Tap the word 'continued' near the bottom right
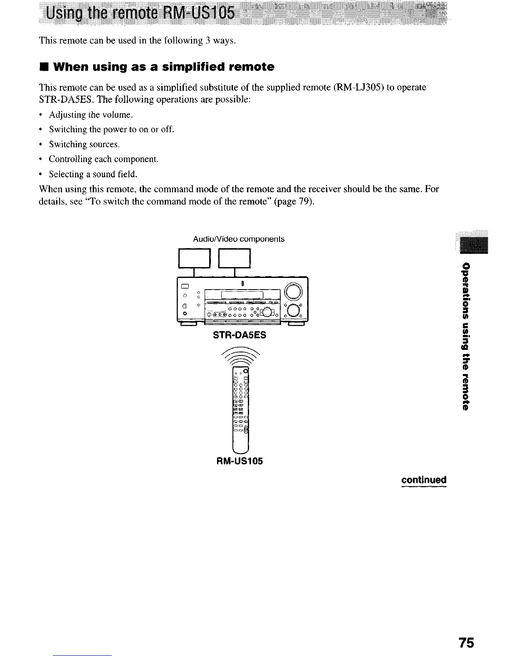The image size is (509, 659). (424, 479)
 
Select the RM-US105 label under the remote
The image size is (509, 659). (240, 461)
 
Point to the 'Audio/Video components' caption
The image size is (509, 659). (239, 239)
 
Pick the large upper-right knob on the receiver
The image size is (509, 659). (294, 290)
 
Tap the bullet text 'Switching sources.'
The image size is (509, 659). (84, 144)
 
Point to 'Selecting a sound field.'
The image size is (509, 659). (93, 174)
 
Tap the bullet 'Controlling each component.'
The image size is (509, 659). (104, 159)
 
